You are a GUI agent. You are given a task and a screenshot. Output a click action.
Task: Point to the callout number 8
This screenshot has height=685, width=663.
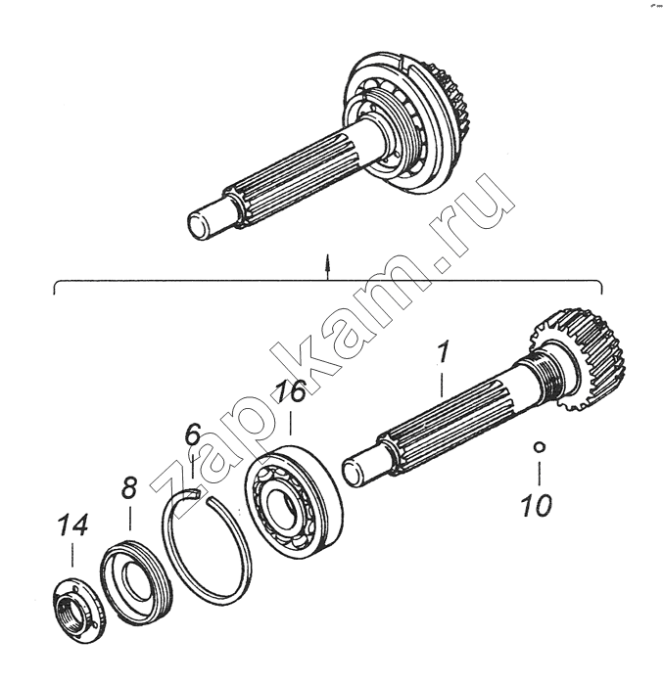(129, 488)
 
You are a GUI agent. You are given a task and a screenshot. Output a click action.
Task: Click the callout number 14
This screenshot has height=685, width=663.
(72, 525)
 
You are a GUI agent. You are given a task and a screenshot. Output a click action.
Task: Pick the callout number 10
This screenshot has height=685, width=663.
(537, 506)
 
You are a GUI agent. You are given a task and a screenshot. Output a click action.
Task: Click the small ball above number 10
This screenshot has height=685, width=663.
(540, 447)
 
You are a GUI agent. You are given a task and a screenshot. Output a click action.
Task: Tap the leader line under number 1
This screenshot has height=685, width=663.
(442, 385)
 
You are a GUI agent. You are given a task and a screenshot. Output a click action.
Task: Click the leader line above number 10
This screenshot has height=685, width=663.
(540, 473)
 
